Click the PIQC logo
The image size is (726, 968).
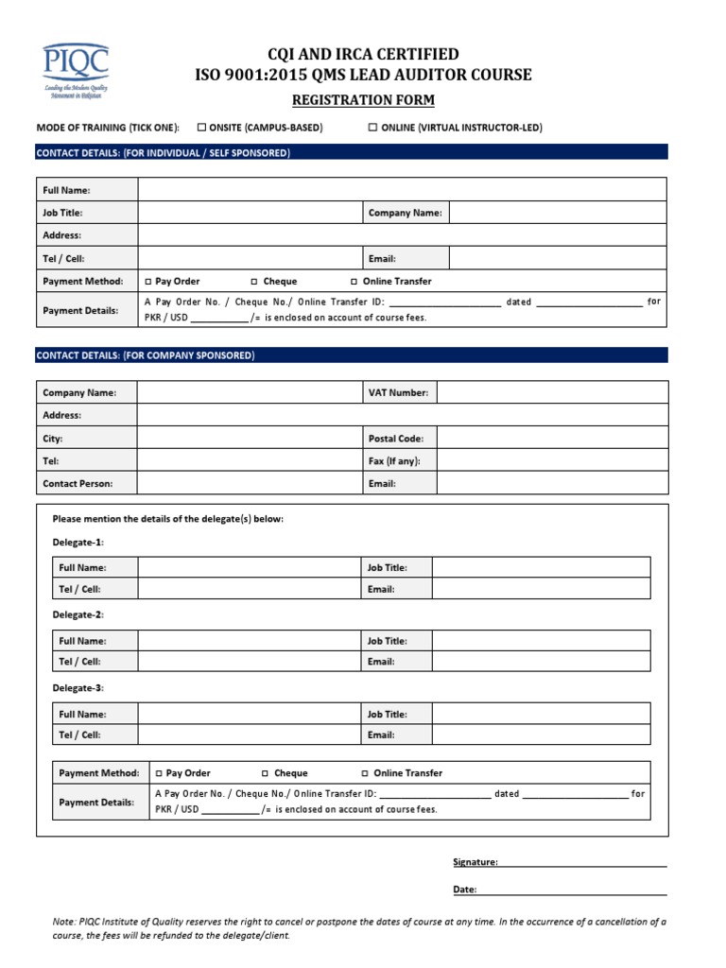[75, 72]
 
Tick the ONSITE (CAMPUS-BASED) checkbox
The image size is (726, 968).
[201, 128]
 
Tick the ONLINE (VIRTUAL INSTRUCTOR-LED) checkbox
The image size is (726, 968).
[372, 128]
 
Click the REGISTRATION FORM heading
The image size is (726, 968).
[363, 101]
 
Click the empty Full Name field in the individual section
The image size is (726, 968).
[402, 190]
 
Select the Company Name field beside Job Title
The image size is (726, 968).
[557, 213]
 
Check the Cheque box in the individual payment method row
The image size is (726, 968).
[255, 282]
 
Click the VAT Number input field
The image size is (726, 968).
[552, 392]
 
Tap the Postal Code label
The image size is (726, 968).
[395, 439]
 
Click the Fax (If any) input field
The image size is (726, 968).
[552, 461]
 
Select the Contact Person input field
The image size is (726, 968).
[250, 483]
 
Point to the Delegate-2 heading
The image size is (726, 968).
[78, 614]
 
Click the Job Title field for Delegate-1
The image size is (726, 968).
[541, 567]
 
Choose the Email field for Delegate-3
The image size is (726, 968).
[541, 735]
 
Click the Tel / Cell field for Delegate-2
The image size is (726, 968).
[250, 662]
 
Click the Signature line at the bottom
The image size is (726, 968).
[582, 862]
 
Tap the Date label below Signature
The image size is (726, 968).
[464, 890]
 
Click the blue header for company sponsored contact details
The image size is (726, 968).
[352, 355]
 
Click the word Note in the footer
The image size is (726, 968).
[62, 921]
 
